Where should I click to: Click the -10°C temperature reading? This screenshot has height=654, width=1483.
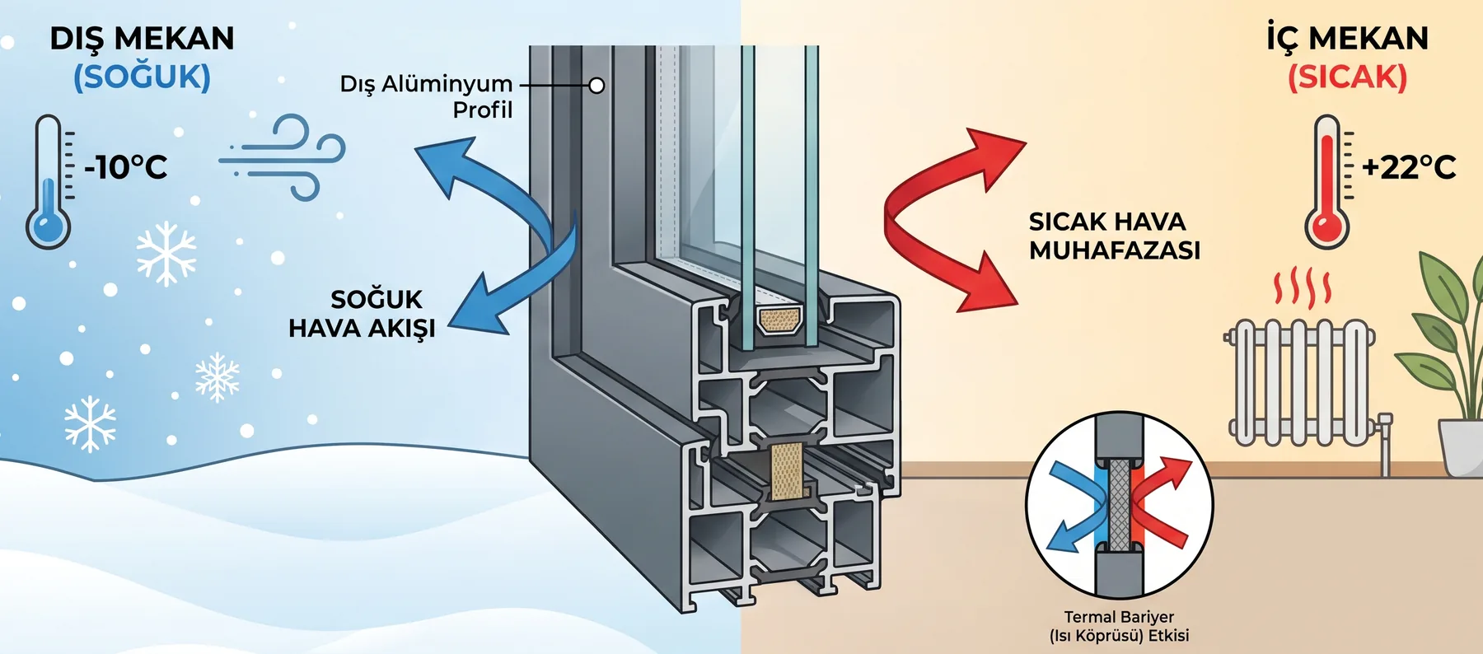(126, 167)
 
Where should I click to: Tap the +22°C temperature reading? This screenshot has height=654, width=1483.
(1409, 167)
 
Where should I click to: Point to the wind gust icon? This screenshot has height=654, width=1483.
(283, 156)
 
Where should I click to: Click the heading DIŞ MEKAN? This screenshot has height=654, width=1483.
(142, 39)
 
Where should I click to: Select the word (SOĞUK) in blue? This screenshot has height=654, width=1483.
(142, 77)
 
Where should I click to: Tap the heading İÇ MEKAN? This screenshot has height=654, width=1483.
(1348, 38)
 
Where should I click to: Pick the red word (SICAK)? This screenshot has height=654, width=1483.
(1348, 77)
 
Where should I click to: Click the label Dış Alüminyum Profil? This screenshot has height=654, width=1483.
(426, 96)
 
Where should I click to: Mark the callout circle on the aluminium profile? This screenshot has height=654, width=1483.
(596, 85)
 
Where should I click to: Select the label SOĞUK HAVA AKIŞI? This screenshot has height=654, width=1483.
(362, 314)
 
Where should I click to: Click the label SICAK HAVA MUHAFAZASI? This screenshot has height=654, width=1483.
(1114, 236)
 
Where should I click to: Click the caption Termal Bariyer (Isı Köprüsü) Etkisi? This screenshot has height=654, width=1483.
(1119, 626)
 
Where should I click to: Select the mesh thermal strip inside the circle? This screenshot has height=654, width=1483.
(1120, 504)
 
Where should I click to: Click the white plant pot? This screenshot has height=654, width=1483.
(1461, 447)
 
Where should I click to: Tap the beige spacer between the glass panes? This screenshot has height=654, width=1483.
(779, 320)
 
